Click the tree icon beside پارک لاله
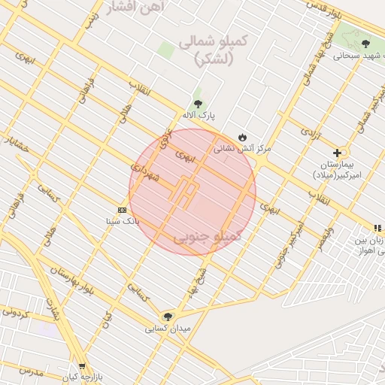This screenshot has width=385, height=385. coord(198,104)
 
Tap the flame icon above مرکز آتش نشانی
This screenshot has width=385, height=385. coord(242,136)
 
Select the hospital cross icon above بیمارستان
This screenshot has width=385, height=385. coord(337,153)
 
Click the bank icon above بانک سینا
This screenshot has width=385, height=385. coord(122,210)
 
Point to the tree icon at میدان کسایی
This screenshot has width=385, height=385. coord(167,317)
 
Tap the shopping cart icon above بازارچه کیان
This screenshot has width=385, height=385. coord(82,366)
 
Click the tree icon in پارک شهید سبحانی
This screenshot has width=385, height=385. coord(365,44)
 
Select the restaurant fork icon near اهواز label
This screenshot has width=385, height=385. coord(377,228)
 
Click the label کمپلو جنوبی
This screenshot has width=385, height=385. coord(208,236)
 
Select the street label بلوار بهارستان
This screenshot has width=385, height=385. coord(73,280)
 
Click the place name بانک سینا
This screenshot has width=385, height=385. coord(123,222)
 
